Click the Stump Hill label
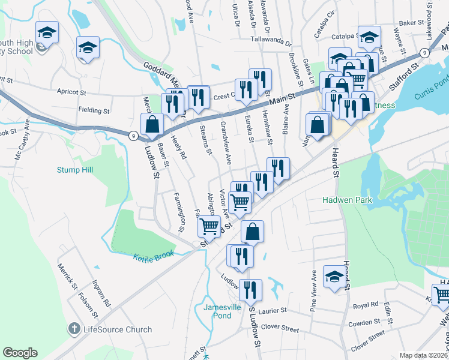coord(75,170)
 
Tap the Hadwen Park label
coord(347,200)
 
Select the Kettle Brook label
coord(153,255)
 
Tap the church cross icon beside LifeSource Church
coord(74,329)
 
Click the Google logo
coord(20,353)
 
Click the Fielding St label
coord(94,110)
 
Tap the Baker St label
coord(411,23)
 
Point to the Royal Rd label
coord(366,305)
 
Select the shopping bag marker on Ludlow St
coord(152,125)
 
